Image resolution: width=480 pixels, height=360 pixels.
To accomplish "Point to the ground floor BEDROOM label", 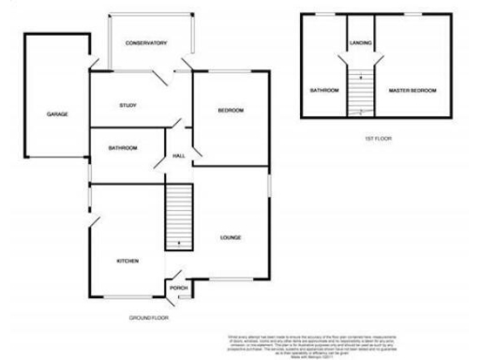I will (x=231, y=112).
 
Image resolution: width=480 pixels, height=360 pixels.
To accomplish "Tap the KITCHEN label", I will (x=127, y=260).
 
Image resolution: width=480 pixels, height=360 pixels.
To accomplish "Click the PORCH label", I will (x=178, y=287).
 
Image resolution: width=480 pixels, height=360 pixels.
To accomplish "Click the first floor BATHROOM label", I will (x=323, y=90).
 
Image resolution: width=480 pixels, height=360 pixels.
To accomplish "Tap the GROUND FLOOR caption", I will (x=150, y=318).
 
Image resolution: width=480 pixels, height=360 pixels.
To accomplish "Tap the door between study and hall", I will (x=175, y=123).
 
